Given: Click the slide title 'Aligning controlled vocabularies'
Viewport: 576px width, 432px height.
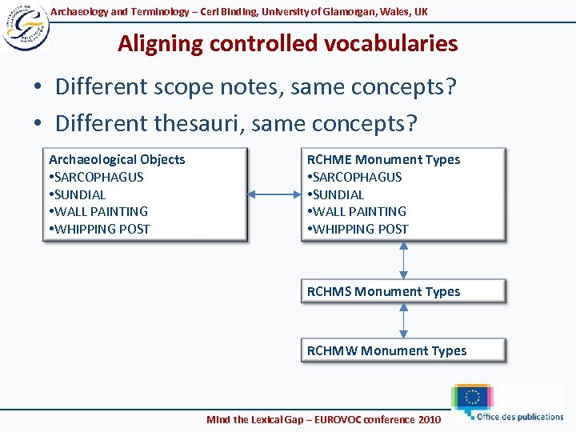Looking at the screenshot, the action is coord(287,43).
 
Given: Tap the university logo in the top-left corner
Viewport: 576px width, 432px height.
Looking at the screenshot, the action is coord(25,26).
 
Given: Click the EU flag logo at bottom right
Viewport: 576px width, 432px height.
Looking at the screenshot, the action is coord(472,398).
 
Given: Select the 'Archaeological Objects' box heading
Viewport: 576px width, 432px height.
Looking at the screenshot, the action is coord(117,159).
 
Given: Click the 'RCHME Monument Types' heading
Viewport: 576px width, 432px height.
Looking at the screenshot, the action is coord(383,159).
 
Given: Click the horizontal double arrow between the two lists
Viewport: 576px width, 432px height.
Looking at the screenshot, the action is coord(274,194).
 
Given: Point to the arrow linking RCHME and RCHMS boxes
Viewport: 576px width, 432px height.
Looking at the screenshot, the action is coord(403,259).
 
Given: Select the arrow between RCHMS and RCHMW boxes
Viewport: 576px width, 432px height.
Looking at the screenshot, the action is coord(403,321).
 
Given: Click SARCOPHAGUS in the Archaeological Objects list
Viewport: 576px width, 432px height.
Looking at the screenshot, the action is coord(98,177).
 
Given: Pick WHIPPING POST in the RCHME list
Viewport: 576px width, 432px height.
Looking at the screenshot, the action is coord(360,229).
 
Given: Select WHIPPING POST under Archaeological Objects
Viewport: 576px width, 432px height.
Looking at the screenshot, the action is coord(102,229).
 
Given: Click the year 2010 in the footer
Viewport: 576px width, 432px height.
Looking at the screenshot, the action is coord(429,419).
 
